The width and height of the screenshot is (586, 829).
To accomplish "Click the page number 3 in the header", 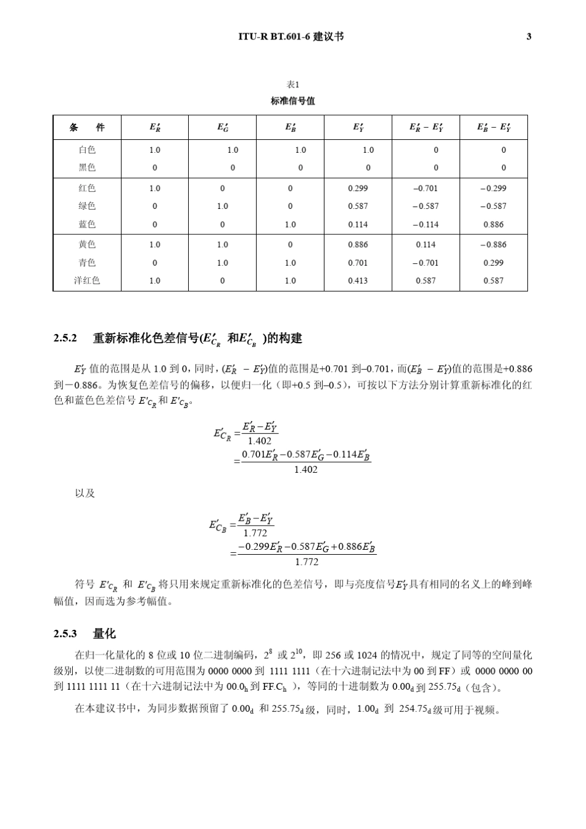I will coord(529,36).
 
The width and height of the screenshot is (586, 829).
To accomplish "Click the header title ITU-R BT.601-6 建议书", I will coord(291,36).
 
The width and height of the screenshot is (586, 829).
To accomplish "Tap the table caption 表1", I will coord(293,85).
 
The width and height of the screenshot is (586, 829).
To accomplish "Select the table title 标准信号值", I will coord(293,100).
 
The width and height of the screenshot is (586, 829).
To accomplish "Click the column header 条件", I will coord(87,128).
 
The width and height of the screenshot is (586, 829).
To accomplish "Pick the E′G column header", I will coord(223,128).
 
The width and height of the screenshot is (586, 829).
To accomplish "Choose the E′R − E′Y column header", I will coord(426,128).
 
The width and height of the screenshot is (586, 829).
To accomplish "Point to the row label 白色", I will coord(87,150).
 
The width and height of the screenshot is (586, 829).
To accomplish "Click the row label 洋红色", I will coord(87,280).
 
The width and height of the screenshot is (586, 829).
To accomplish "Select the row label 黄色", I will coord(87,244).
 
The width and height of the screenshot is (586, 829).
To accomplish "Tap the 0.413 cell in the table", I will coord(358,280).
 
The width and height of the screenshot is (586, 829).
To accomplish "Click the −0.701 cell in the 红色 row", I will coord(426,188).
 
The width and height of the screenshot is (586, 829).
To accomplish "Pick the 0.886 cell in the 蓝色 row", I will coord(493,224).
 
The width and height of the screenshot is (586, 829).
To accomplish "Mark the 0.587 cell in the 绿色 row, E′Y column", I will coord(358,206).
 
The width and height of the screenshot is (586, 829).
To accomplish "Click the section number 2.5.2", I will coord(65,338).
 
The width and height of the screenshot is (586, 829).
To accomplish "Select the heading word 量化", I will coord(104,634).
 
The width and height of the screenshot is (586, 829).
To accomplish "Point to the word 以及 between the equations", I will coord(85,493).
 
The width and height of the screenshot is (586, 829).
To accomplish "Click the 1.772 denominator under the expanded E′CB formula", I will coord(307,562).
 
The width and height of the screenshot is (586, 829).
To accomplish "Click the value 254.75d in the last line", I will coord(415,709).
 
